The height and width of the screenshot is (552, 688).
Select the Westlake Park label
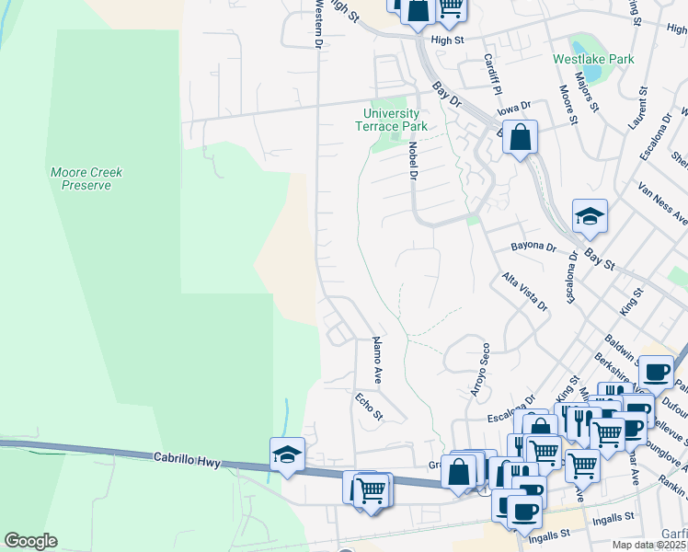pyautogui.click(x=593, y=59)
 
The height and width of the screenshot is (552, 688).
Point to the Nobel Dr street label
pyautogui.click(x=412, y=158)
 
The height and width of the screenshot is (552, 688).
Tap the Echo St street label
pyautogui.click(x=368, y=406)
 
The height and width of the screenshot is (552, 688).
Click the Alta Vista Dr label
pyautogui.click(x=524, y=291)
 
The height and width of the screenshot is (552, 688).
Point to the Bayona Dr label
pyautogui.click(x=534, y=247)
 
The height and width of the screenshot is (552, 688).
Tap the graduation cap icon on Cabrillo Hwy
pyautogui.click(x=288, y=454)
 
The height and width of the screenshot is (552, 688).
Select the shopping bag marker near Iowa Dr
pyautogui.click(x=520, y=139)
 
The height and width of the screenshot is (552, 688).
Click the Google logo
pyautogui.click(x=30, y=541)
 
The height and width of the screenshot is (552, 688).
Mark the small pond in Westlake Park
pyautogui.click(x=581, y=45)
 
